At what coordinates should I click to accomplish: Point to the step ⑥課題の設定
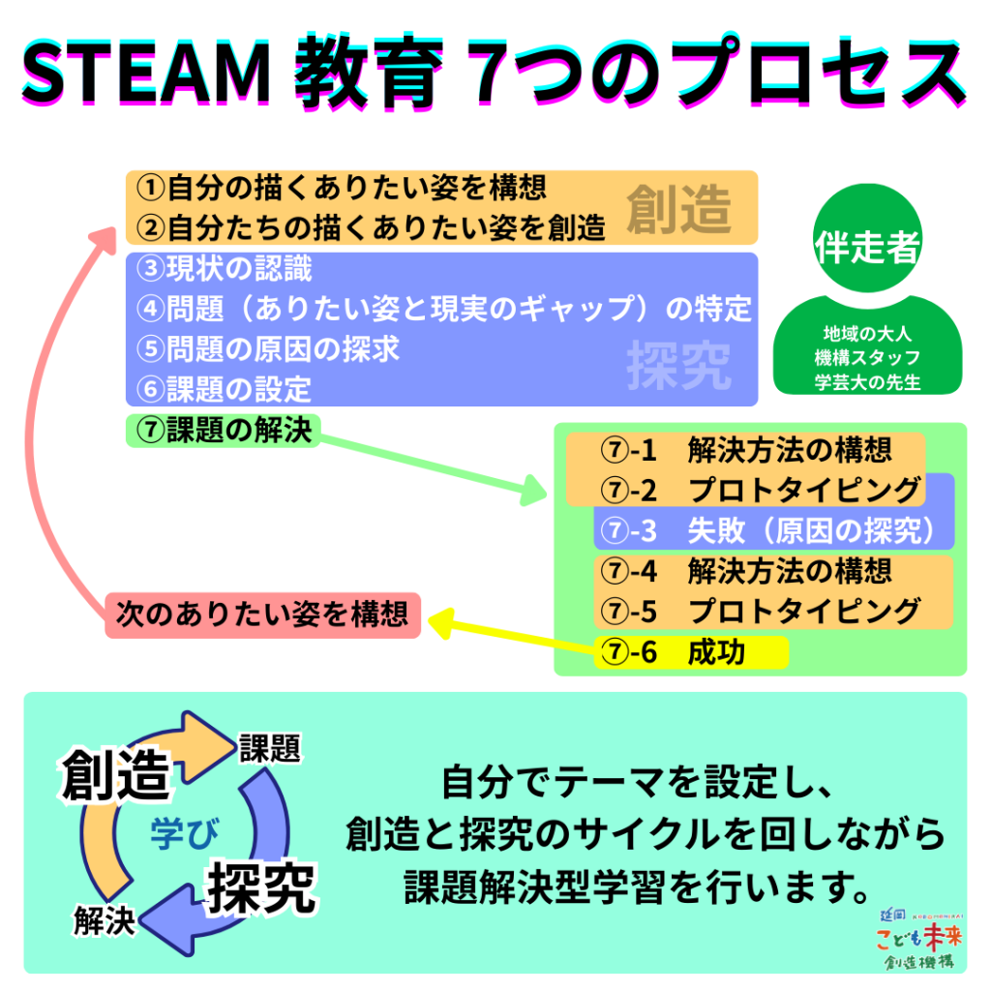tap(225, 388)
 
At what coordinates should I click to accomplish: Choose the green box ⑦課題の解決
tap(225, 431)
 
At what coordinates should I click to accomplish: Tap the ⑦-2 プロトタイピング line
tap(760, 491)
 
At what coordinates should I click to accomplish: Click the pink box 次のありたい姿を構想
tap(262, 615)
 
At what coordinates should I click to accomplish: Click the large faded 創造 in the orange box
tap(678, 208)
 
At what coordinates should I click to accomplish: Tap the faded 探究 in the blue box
tap(678, 366)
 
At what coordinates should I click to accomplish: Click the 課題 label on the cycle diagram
tap(270, 748)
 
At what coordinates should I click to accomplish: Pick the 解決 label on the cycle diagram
tap(104, 922)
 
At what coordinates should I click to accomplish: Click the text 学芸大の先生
tap(867, 381)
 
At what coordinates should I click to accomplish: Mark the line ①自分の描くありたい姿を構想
tap(342, 186)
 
